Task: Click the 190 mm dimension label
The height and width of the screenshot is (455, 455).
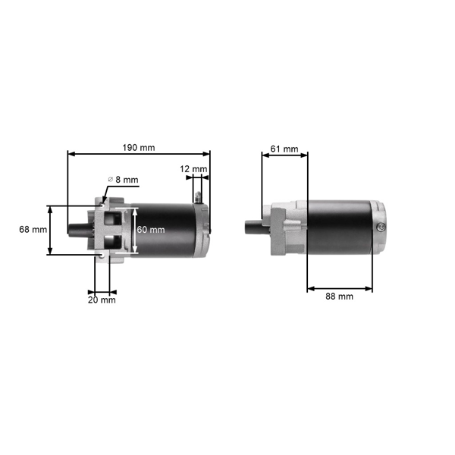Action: (x=138, y=147)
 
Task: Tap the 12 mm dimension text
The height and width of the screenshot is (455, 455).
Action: (x=193, y=168)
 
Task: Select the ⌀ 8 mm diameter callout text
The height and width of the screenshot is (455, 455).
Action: (x=124, y=180)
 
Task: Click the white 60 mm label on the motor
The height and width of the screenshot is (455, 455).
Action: (x=150, y=230)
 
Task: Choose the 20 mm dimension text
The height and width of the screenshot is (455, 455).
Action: (x=102, y=300)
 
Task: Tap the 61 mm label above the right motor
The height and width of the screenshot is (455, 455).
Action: (x=284, y=149)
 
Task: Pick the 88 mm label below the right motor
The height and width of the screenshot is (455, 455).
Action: (x=339, y=297)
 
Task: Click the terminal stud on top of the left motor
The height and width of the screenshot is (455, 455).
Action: (x=198, y=196)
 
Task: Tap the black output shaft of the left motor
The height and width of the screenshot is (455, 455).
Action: (x=78, y=229)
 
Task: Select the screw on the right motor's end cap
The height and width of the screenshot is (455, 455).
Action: (x=379, y=225)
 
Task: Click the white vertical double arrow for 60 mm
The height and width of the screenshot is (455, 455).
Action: (x=135, y=230)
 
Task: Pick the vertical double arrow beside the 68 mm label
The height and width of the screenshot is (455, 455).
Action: (x=51, y=229)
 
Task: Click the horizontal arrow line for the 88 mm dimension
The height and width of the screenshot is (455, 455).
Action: (x=339, y=287)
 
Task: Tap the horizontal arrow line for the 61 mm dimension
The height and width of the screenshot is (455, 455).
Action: (x=284, y=155)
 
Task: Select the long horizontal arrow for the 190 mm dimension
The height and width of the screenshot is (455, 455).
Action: (x=138, y=154)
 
